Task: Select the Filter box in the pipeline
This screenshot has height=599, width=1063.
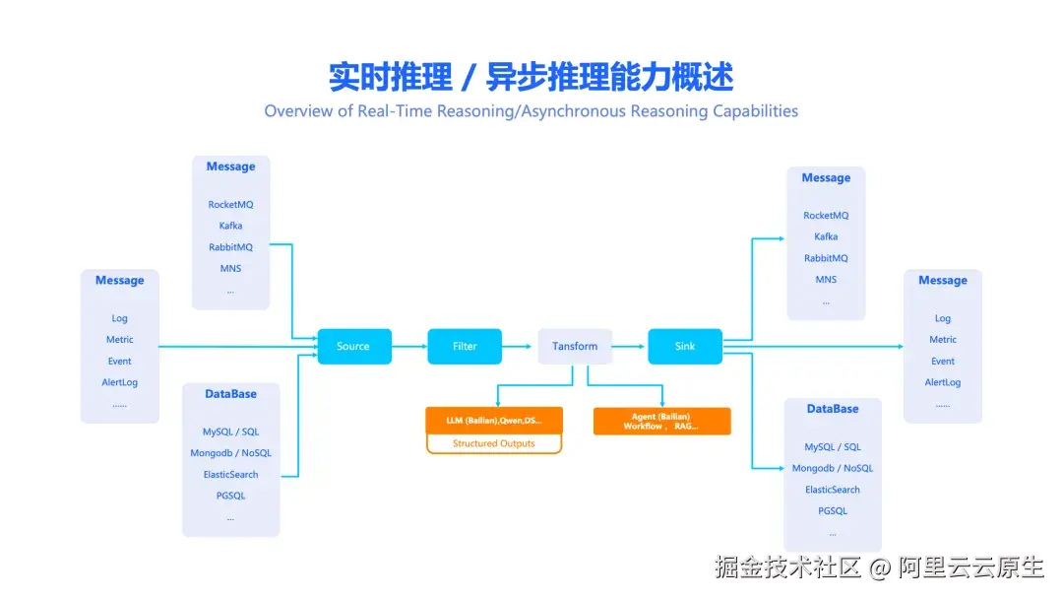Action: (x=465, y=347)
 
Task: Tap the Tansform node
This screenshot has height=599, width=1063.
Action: (x=575, y=347)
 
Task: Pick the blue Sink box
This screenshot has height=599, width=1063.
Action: (x=685, y=347)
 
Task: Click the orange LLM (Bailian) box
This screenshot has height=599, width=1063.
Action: (x=494, y=421)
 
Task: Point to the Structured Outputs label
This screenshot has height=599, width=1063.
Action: (x=494, y=444)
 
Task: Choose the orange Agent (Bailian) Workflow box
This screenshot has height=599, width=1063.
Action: (x=661, y=422)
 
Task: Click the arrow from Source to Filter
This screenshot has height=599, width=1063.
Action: (x=409, y=347)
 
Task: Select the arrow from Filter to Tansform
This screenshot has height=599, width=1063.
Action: (x=520, y=347)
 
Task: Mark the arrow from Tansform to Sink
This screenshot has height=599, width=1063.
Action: (x=630, y=347)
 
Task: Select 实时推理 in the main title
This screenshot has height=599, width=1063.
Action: (x=391, y=77)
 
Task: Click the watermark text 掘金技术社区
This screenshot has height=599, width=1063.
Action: (x=788, y=567)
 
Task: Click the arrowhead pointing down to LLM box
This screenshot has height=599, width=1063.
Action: (x=498, y=402)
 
